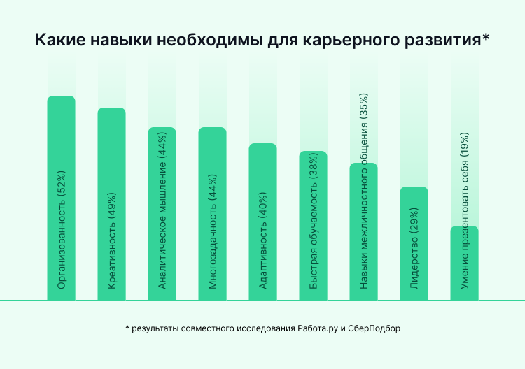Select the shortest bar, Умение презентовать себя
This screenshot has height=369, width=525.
click(464, 262)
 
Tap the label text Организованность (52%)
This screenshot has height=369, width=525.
click(62, 230)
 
